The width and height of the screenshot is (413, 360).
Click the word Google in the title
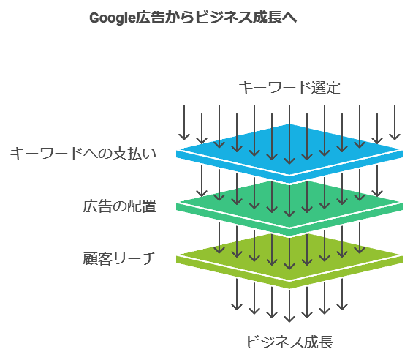point(113,18)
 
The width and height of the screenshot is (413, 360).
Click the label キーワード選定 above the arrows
point(289,88)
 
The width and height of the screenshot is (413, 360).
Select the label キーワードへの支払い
point(83,153)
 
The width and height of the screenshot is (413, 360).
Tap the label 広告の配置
point(120,206)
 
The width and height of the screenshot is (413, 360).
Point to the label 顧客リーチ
point(120,258)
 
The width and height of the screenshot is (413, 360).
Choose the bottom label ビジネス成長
point(289,342)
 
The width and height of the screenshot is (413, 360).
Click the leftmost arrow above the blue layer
point(184,122)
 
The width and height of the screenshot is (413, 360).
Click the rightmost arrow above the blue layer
point(395,122)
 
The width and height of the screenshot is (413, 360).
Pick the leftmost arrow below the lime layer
point(237,294)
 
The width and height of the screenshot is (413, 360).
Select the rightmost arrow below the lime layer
point(342,294)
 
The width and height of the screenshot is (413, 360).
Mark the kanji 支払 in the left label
point(128,153)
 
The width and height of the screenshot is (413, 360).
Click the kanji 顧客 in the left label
point(97,258)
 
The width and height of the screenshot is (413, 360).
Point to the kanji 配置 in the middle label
point(142,206)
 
